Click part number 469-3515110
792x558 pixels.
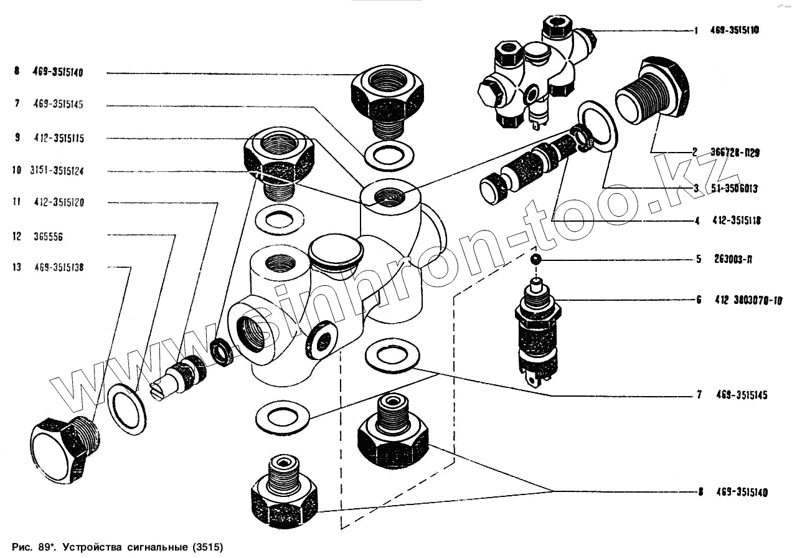pyautogui.click(x=734, y=30)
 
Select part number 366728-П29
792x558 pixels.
pyautogui.click(x=733, y=152)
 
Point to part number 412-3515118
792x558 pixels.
pyautogui.click(x=735, y=220)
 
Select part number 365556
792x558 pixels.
pyautogui.click(x=50, y=237)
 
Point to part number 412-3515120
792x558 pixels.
pyautogui.click(x=59, y=202)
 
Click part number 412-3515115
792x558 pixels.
pyautogui.click(x=59, y=138)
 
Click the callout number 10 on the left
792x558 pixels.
pyautogui.click(x=16, y=171)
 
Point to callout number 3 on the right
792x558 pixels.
pyautogui.click(x=697, y=187)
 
